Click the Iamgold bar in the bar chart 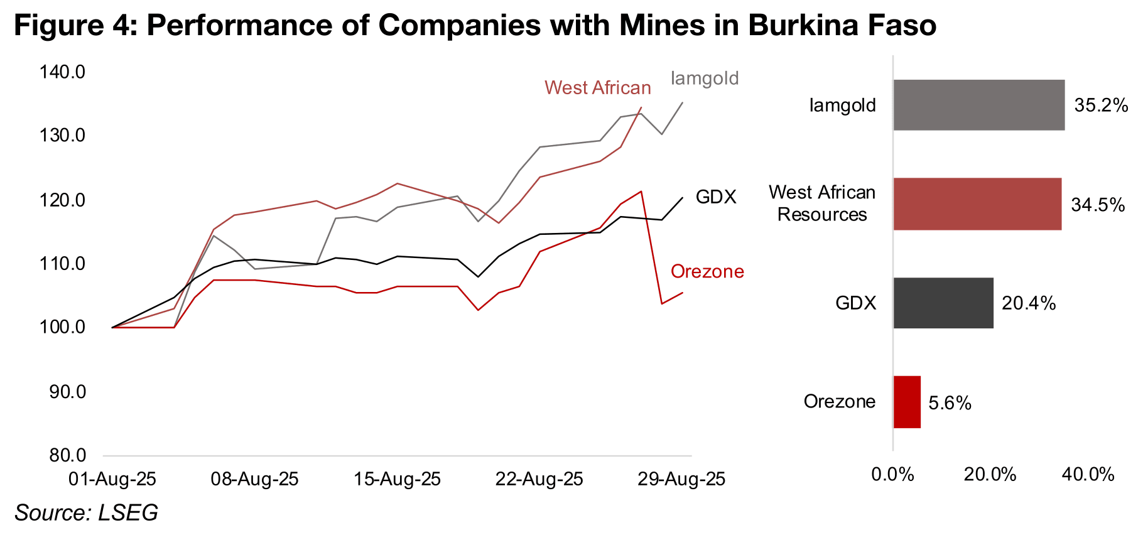click(978, 105)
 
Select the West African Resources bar click(977, 204)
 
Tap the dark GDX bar click(943, 303)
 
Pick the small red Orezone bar click(907, 402)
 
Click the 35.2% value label click(1101, 105)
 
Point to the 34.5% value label click(1098, 205)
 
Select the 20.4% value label click(1029, 304)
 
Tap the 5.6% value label click(950, 403)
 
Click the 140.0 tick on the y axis click(62, 72)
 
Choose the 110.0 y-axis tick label click(62, 264)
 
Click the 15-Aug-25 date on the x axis click(397, 480)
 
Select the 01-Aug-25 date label click(112, 480)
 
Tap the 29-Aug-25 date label click(681, 480)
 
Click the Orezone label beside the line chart click(707, 271)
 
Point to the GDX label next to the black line click(716, 197)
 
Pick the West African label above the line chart click(597, 88)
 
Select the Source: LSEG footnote click(87, 513)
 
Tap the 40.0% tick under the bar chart click(1087, 475)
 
